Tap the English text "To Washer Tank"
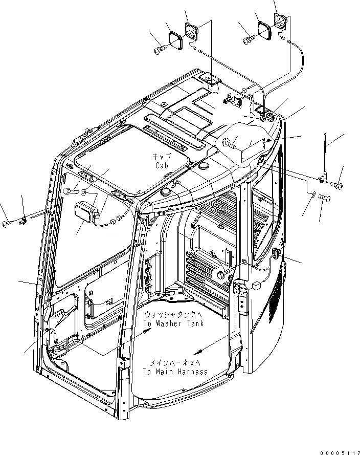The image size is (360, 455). (x=173, y=323)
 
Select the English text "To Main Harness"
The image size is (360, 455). (x=175, y=372)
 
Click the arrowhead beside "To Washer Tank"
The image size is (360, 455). (x=148, y=332)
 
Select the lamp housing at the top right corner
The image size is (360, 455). (x=281, y=23)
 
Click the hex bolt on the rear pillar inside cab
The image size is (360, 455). (x=223, y=275)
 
